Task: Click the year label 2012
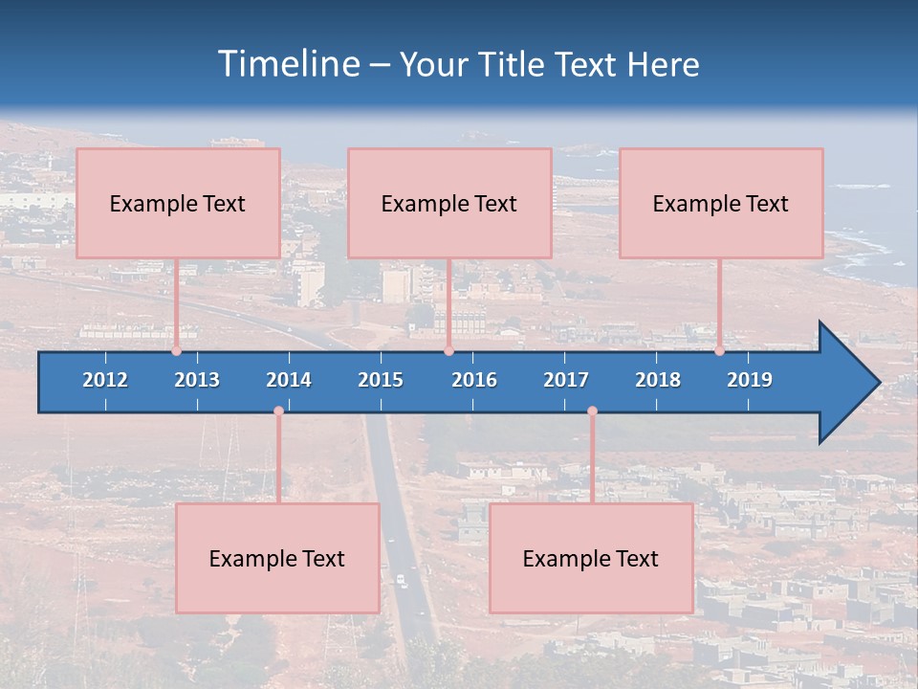(x=105, y=380)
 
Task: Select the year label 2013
(x=197, y=380)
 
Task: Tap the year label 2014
(x=289, y=380)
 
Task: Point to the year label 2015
(x=381, y=380)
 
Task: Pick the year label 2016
(x=474, y=380)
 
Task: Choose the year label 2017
(x=566, y=380)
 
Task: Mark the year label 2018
(x=658, y=380)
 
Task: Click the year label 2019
(x=750, y=380)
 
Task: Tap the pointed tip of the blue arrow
(x=877, y=383)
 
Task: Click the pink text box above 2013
(x=178, y=203)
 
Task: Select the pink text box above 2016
(x=449, y=203)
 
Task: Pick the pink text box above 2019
(x=721, y=203)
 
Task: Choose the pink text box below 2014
(x=277, y=558)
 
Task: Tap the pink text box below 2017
(x=591, y=558)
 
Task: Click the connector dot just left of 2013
(x=176, y=351)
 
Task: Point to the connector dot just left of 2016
(x=448, y=351)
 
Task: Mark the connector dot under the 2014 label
(x=278, y=411)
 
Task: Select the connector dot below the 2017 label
(x=592, y=411)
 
